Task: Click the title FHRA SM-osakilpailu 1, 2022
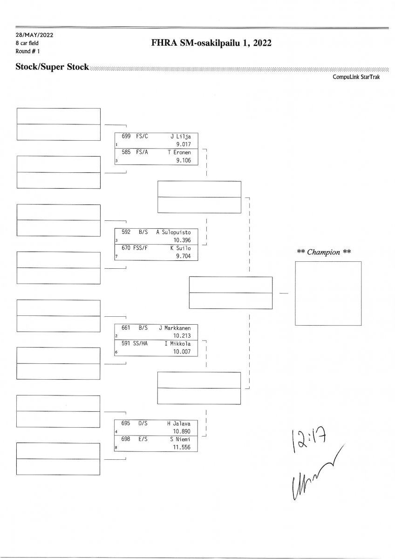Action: [x=211, y=43]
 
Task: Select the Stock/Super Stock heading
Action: [x=52, y=67]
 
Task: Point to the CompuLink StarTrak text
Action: [x=356, y=77]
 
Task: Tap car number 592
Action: [x=126, y=232]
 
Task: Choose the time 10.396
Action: [x=182, y=240]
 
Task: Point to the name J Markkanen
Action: [x=175, y=327]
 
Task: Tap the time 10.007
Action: [x=182, y=352]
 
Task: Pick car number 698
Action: [x=126, y=439]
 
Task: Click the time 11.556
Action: [x=182, y=448]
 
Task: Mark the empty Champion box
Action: [x=328, y=293]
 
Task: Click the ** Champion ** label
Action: [x=324, y=252]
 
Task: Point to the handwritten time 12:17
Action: [x=307, y=438]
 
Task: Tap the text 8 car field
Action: [x=27, y=43]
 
